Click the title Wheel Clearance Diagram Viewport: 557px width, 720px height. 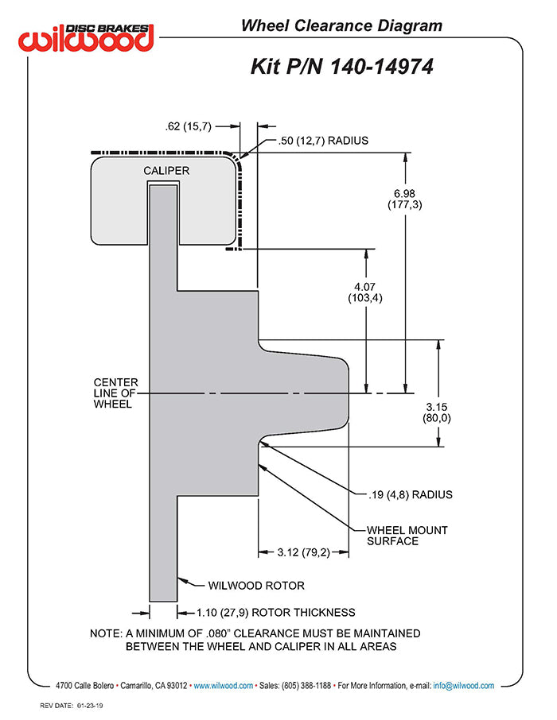[x=341, y=26]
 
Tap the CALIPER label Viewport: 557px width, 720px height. [x=166, y=170]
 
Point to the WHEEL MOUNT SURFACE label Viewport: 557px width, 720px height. [x=407, y=536]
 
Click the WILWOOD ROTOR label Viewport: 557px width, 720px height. [x=256, y=586]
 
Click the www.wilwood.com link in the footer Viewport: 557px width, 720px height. [x=223, y=685]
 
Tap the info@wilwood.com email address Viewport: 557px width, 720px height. [x=464, y=685]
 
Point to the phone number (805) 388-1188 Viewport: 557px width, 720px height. [x=305, y=685]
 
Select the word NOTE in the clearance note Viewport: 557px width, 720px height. [x=106, y=633]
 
